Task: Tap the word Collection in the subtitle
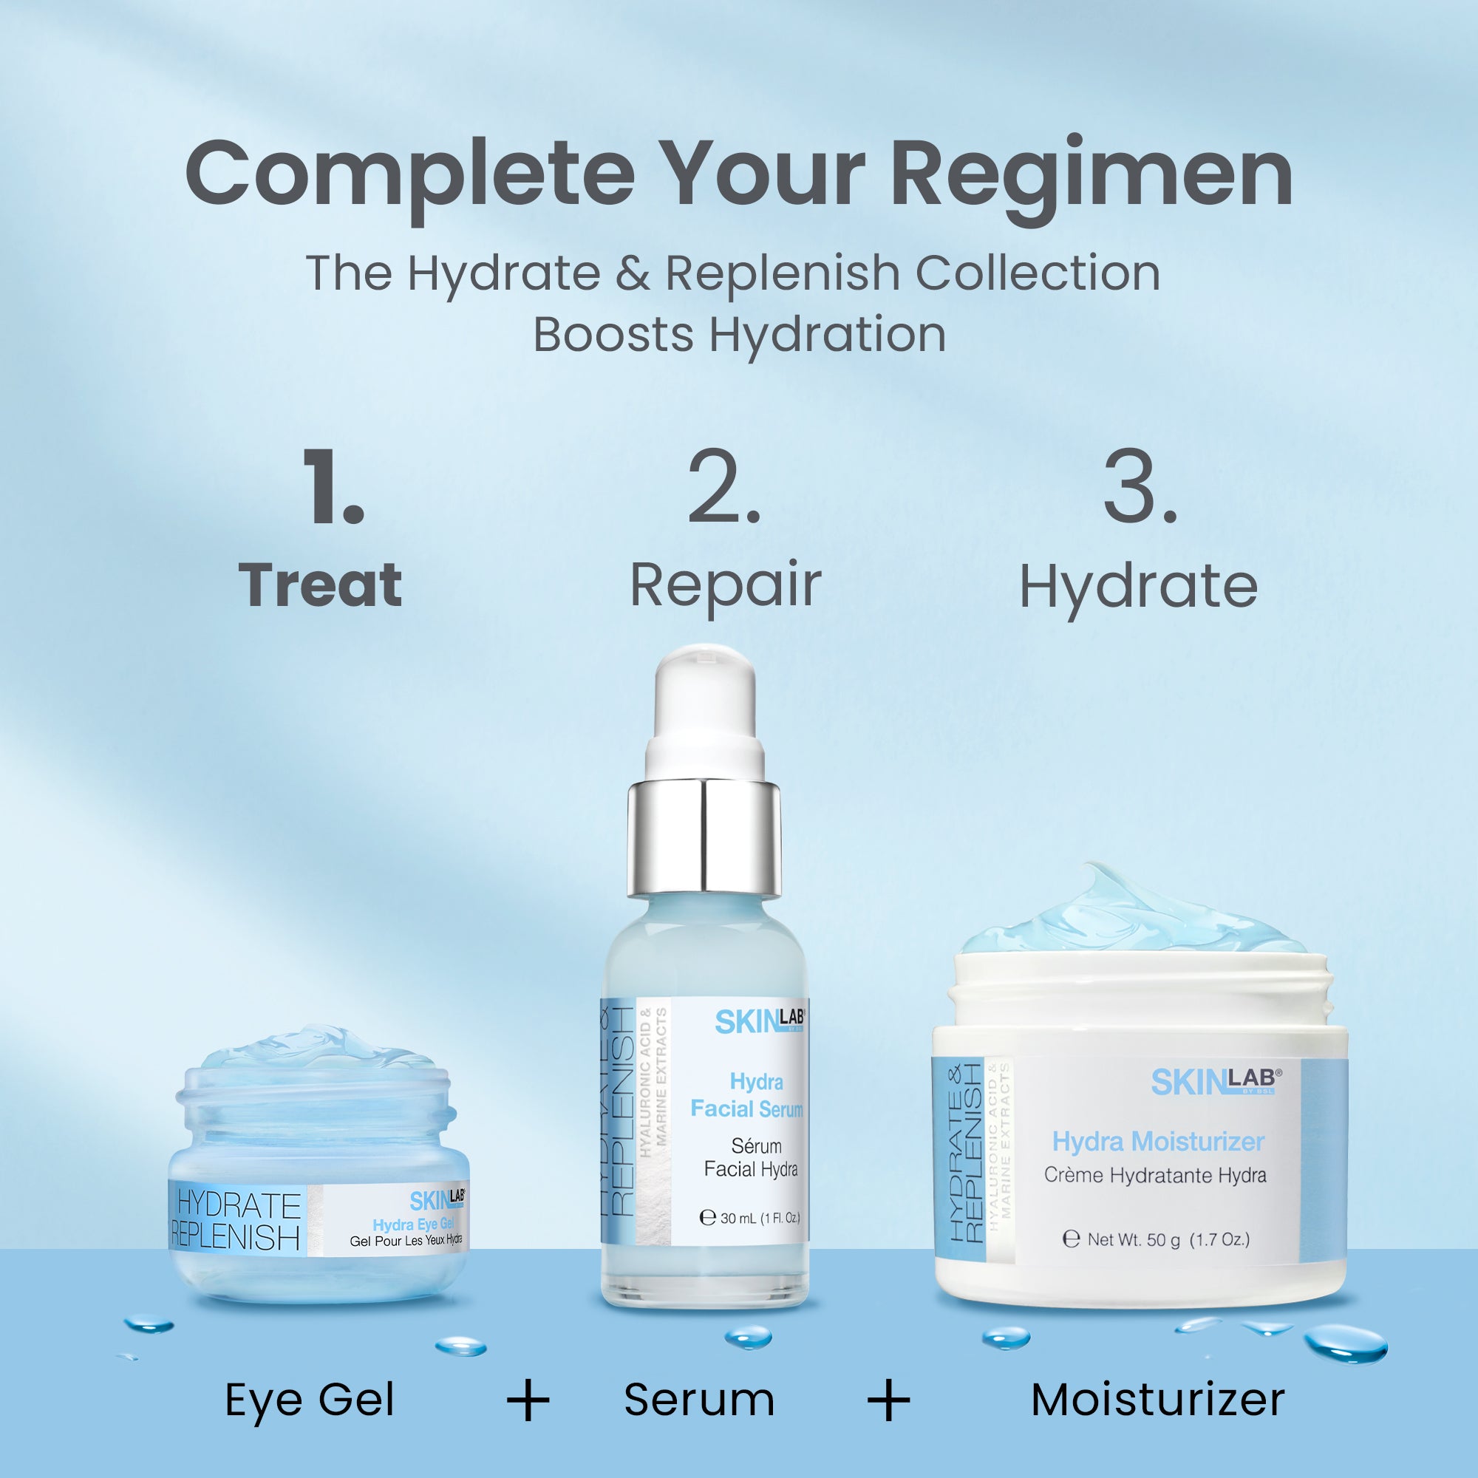[x=1038, y=273]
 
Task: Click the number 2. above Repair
[x=723, y=487]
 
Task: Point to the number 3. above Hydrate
[x=1139, y=487]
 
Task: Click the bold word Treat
[x=321, y=586]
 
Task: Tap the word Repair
[x=725, y=586]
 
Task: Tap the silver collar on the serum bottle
[x=704, y=837]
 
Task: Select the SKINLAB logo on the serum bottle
[x=760, y=1022]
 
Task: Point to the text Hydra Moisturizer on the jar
[x=1158, y=1142]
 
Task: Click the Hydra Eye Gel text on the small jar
[x=413, y=1225]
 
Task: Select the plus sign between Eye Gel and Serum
[x=528, y=1400]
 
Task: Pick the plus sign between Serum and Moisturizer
[x=889, y=1400]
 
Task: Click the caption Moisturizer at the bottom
[x=1157, y=1400]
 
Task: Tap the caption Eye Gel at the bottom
[x=310, y=1400]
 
